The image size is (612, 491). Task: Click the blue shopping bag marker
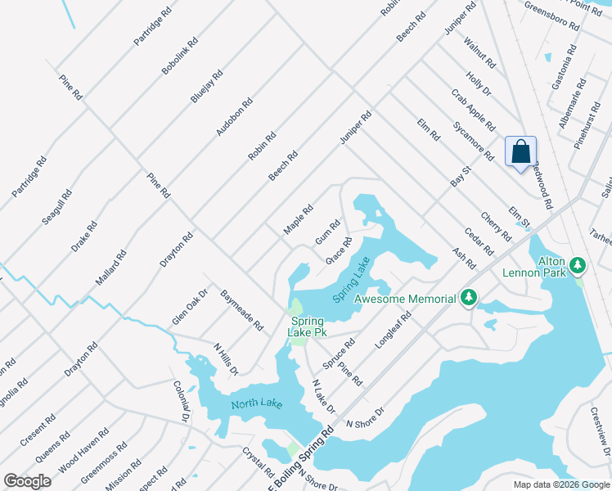point(520,152)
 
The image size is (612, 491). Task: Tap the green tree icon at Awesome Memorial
point(469,299)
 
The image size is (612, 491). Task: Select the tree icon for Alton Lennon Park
point(578,265)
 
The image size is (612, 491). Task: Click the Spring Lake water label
point(352,281)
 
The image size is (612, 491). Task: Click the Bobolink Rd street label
point(180,56)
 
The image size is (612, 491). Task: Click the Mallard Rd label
point(111,268)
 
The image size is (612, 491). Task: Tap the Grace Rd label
point(339,250)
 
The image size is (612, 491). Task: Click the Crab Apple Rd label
point(473,110)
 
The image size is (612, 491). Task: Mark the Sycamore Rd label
point(474,141)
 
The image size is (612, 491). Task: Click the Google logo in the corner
point(27,480)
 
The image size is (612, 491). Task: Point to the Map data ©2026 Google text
point(560,484)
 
